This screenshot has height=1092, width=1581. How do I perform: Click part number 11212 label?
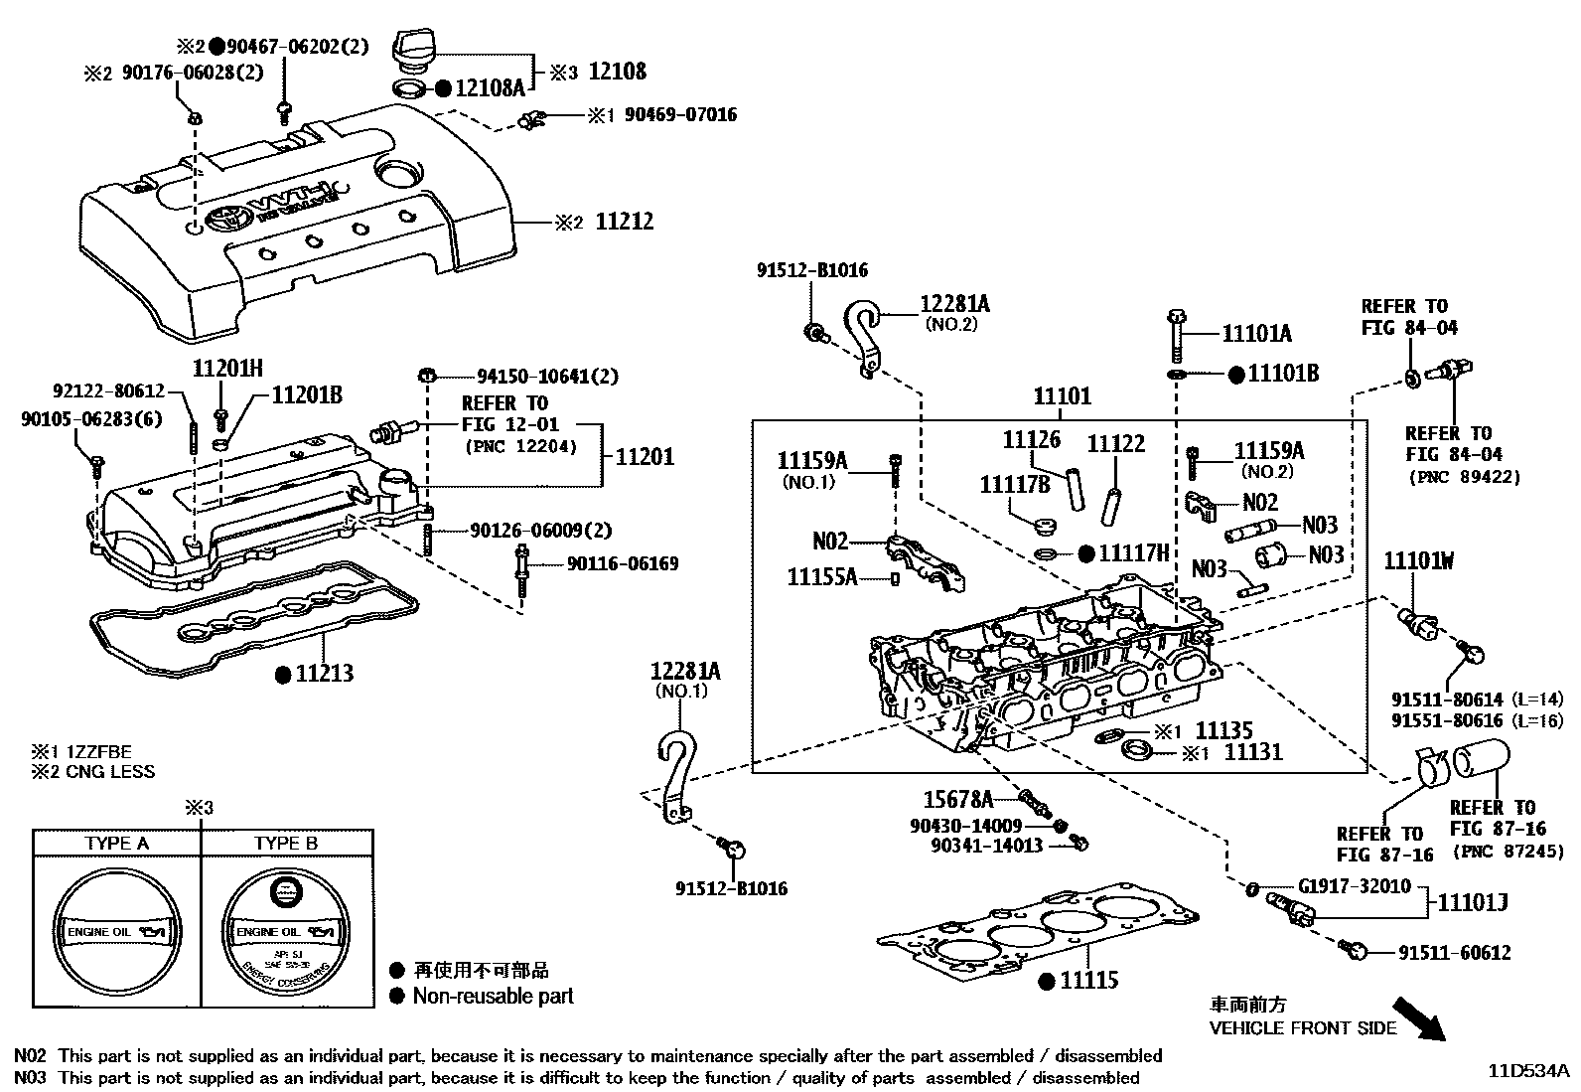624,222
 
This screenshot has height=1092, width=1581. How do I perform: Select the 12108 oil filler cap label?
617,72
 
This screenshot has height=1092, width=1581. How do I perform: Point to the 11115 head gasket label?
1088,981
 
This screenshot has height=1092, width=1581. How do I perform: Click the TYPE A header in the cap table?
117,844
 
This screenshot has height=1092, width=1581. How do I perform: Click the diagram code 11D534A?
1528,1071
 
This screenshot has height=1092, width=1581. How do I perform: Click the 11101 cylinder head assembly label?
1062,396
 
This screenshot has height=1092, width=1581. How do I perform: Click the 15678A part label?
957,799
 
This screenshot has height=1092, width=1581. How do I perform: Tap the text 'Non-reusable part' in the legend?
493,996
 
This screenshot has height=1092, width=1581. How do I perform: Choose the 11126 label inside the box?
1031,440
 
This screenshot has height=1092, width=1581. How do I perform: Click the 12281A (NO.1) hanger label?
685,672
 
